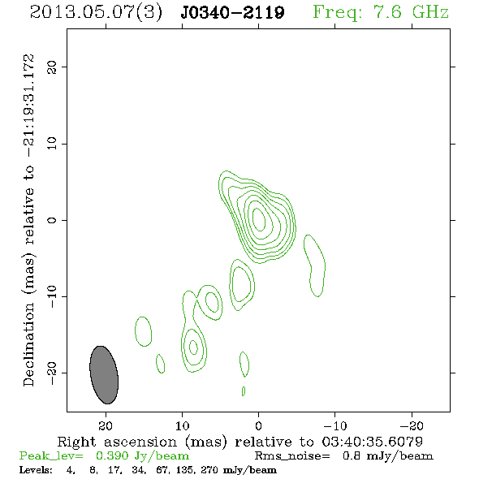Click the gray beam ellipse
tap(104, 375)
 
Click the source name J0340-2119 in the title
tap(232, 12)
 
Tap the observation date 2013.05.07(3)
tap(96, 12)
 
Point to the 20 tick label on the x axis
tap(106, 425)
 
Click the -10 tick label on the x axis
tap(334, 425)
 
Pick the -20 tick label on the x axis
tap(412, 425)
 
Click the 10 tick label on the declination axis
tap(52, 144)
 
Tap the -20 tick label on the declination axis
tap(52, 373)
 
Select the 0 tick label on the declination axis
tap(52, 220)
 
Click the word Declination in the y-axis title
tap(28, 344)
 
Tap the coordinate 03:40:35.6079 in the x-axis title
tap(372, 442)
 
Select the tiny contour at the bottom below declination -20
tap(244, 391)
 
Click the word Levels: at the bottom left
tap(36, 469)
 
